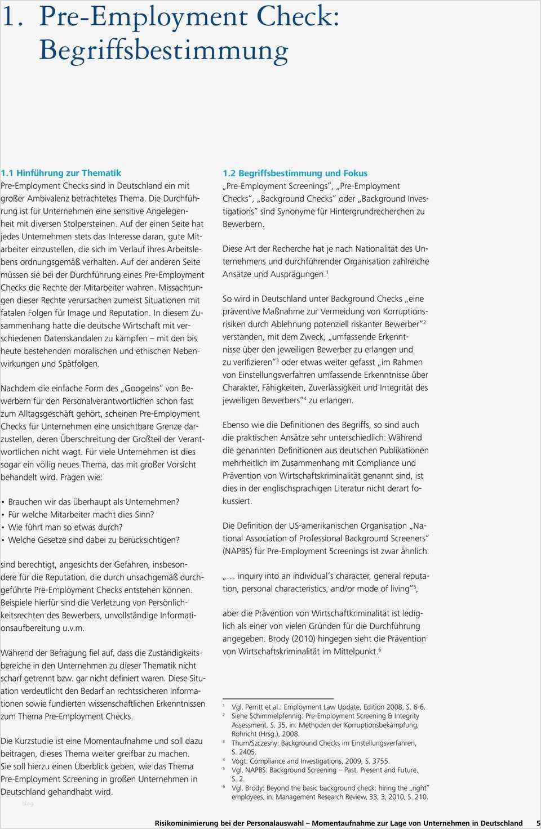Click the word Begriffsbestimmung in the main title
click(163, 51)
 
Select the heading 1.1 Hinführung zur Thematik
click(61, 173)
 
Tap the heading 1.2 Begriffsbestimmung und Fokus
click(295, 173)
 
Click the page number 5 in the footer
click(537, 823)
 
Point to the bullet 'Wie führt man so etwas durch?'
click(65, 527)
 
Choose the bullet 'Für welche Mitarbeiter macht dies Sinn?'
click(81, 514)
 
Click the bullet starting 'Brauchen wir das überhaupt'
click(94, 501)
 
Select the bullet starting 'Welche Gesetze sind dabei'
click(94, 540)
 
